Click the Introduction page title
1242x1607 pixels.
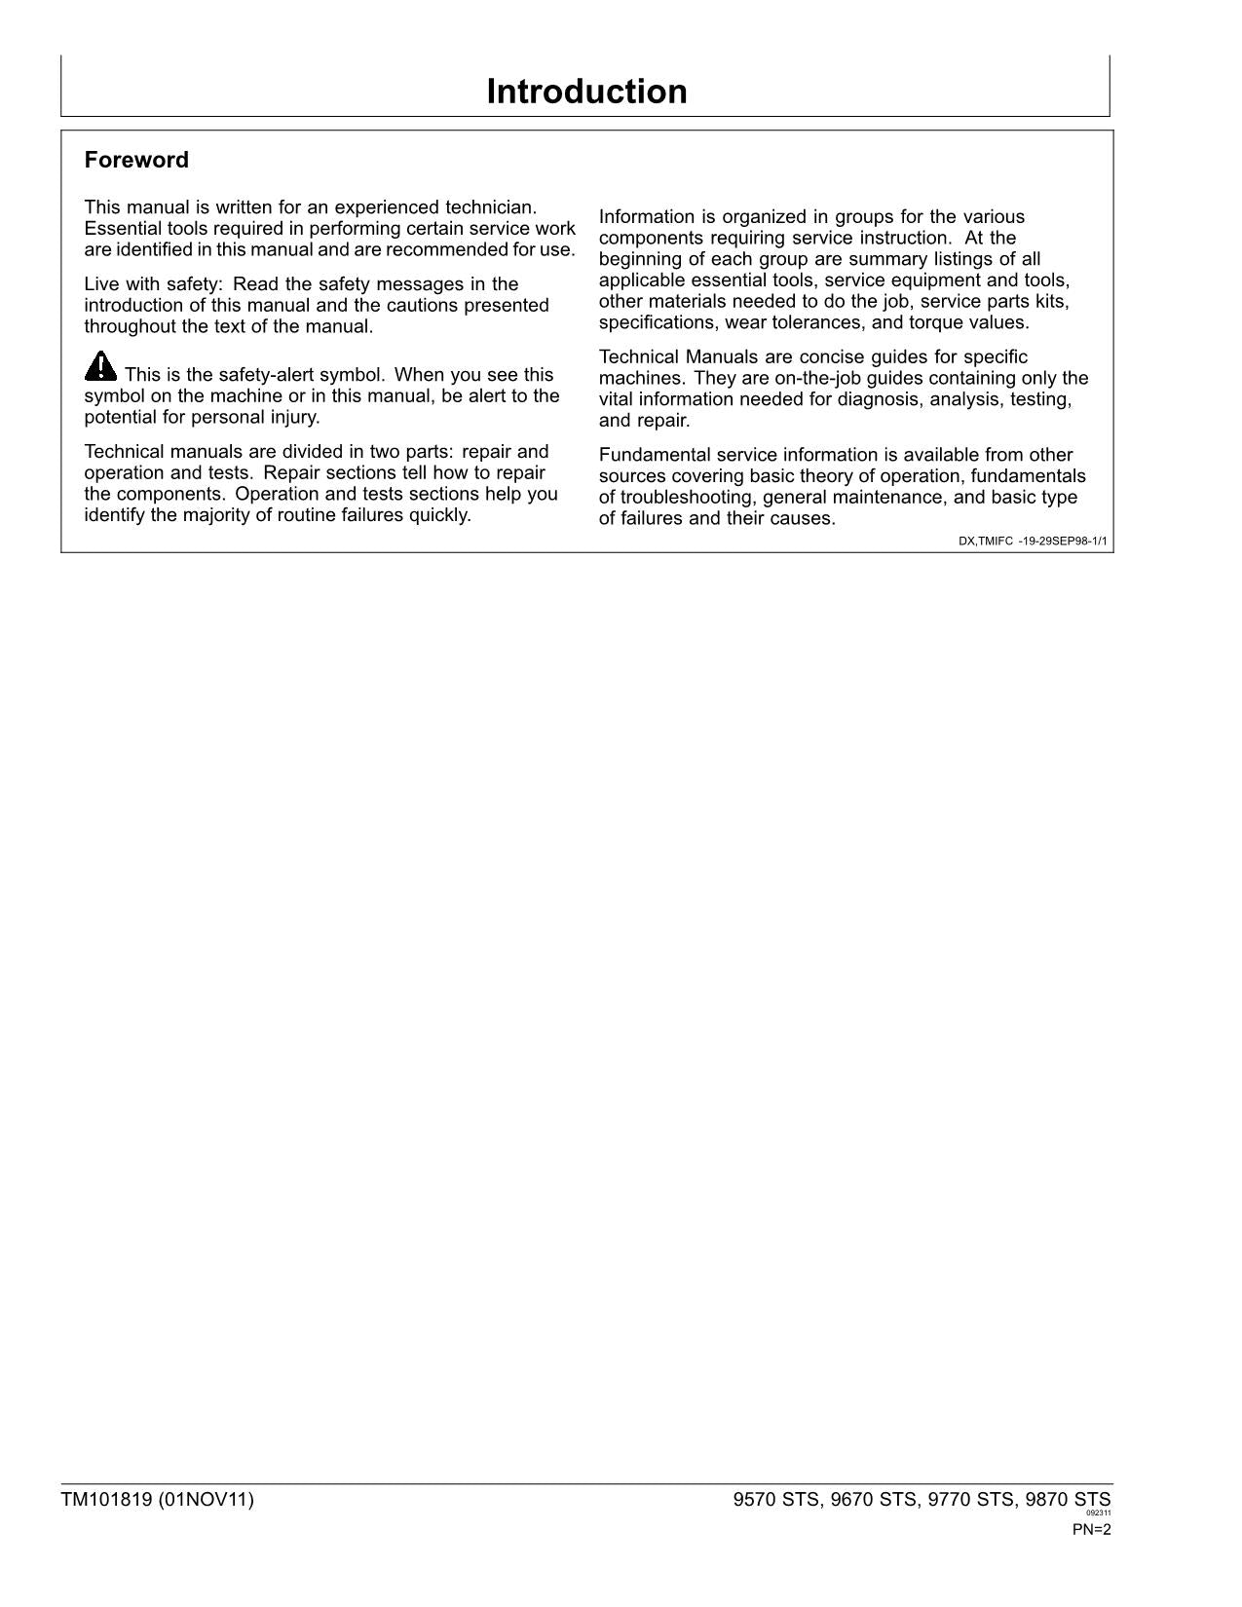586,92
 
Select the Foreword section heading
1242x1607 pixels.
136,160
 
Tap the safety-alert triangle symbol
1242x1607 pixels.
100,367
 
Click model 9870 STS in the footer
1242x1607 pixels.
1068,1500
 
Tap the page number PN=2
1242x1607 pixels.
1091,1529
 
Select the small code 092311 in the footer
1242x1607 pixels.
1098,1514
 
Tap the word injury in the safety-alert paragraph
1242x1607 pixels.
294,418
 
